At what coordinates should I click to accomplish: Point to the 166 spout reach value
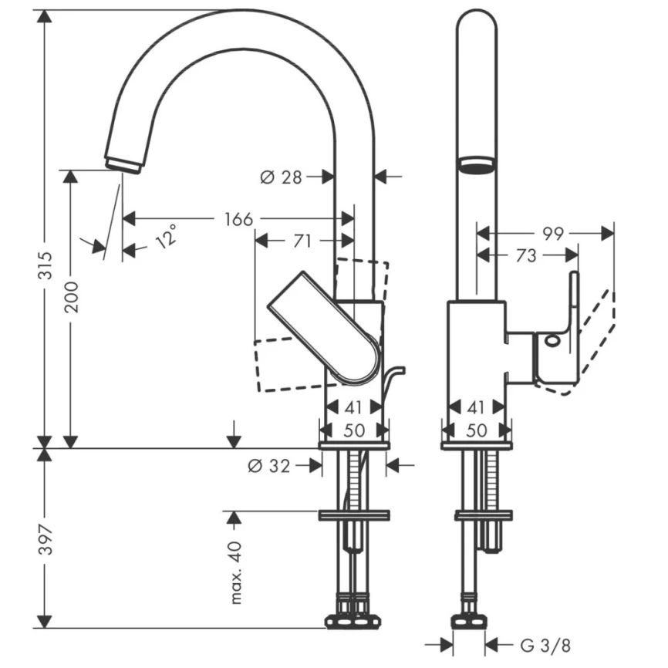(238, 219)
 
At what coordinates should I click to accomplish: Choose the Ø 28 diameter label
(281, 177)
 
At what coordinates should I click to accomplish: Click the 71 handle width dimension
(302, 241)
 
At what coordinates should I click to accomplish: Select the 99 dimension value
(552, 232)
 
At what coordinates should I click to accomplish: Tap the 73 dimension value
(526, 255)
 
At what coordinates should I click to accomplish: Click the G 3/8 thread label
(545, 643)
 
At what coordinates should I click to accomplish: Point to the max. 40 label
(235, 571)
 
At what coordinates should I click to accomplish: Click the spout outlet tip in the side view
(123, 164)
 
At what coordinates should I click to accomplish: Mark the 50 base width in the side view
(354, 430)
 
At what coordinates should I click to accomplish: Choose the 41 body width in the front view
(477, 407)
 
